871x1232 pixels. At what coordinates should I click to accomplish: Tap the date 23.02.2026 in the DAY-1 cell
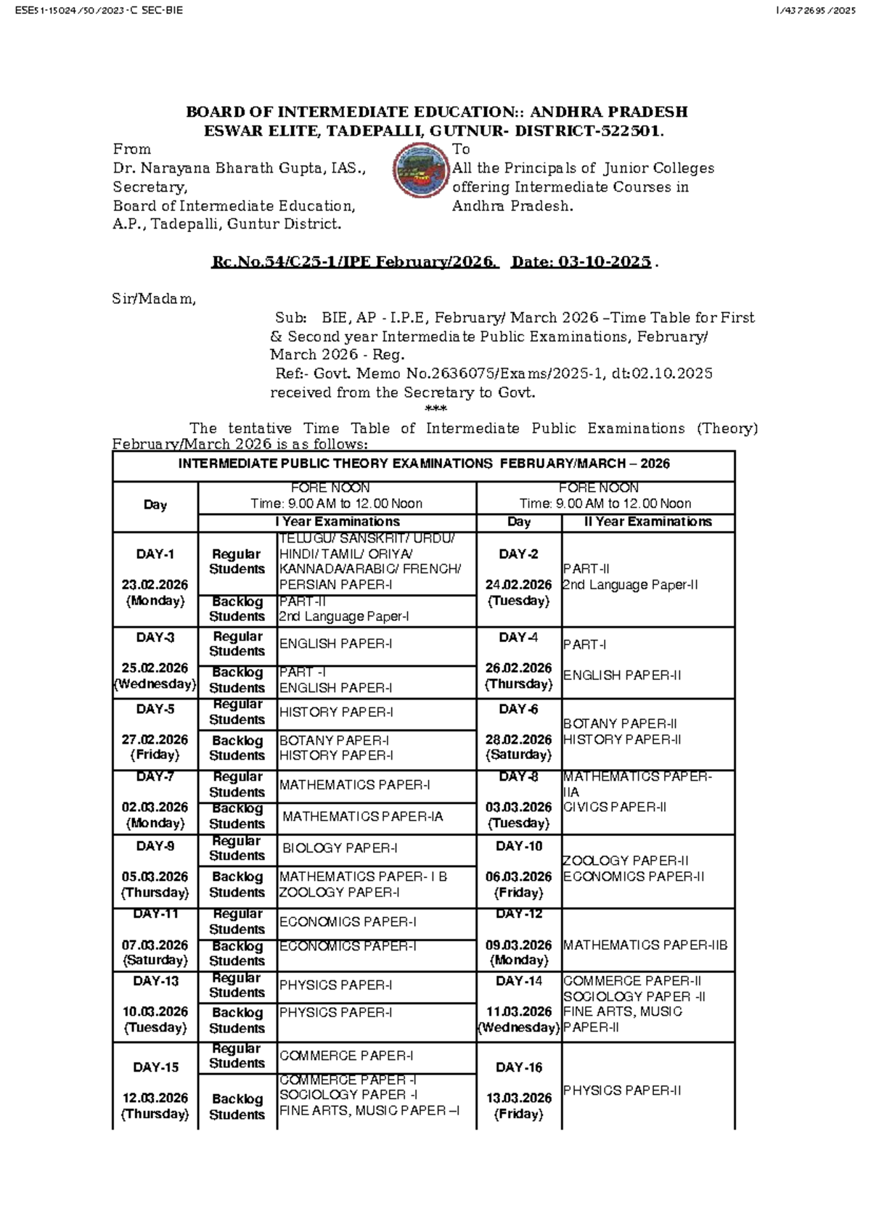tap(155, 585)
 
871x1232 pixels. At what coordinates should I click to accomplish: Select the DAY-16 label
tap(518, 1067)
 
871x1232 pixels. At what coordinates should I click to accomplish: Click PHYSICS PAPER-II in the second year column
tap(622, 1091)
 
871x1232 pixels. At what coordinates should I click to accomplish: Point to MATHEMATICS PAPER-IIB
tap(645, 945)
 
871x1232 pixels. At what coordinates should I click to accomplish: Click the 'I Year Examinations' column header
tap(337, 522)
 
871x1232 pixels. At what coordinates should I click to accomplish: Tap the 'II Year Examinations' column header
tap(648, 522)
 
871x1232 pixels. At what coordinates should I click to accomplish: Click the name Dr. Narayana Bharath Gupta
tap(218, 168)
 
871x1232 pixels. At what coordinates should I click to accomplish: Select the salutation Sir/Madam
tap(154, 299)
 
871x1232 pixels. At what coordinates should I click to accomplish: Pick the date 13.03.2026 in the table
tap(518, 1098)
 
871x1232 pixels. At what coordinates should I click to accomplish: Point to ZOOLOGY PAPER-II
tap(626, 861)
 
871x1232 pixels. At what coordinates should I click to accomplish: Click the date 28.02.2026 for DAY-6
tap(518, 739)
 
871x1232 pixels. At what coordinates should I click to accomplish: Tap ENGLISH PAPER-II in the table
tap(622, 675)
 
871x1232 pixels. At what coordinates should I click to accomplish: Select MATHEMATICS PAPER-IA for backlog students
tap(362, 817)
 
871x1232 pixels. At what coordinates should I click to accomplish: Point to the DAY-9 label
tap(155, 846)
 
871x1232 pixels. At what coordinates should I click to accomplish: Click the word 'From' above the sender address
tap(132, 149)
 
